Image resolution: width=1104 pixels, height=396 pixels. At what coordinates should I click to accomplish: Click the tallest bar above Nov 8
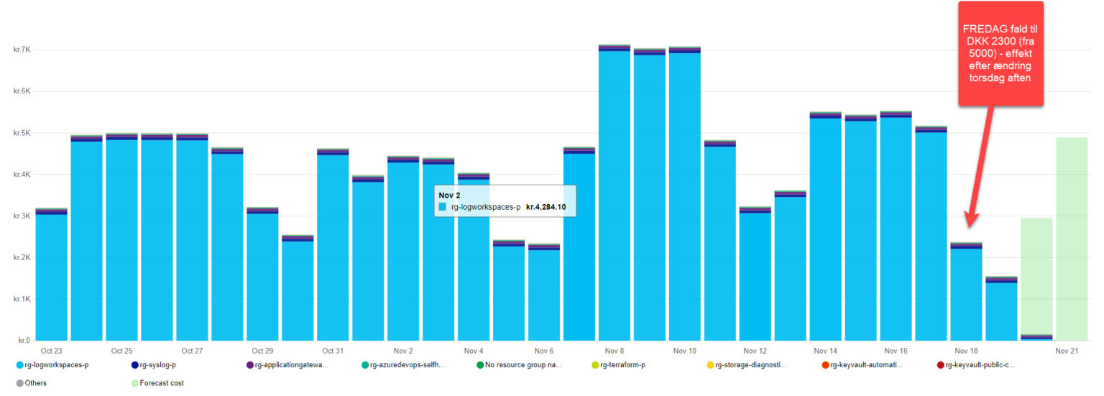click(615, 194)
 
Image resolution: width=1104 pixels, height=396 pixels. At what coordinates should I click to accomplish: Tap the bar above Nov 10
click(685, 194)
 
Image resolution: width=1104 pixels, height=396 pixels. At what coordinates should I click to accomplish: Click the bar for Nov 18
click(966, 292)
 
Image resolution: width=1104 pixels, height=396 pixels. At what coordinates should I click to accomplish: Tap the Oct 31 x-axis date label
click(333, 351)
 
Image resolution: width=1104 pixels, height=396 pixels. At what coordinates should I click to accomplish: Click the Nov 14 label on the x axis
click(826, 351)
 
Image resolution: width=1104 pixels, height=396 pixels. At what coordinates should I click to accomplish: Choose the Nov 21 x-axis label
click(1067, 351)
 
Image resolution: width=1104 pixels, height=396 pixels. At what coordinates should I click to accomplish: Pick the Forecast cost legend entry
click(158, 383)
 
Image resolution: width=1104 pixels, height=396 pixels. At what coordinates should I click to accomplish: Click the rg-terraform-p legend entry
click(622, 365)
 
